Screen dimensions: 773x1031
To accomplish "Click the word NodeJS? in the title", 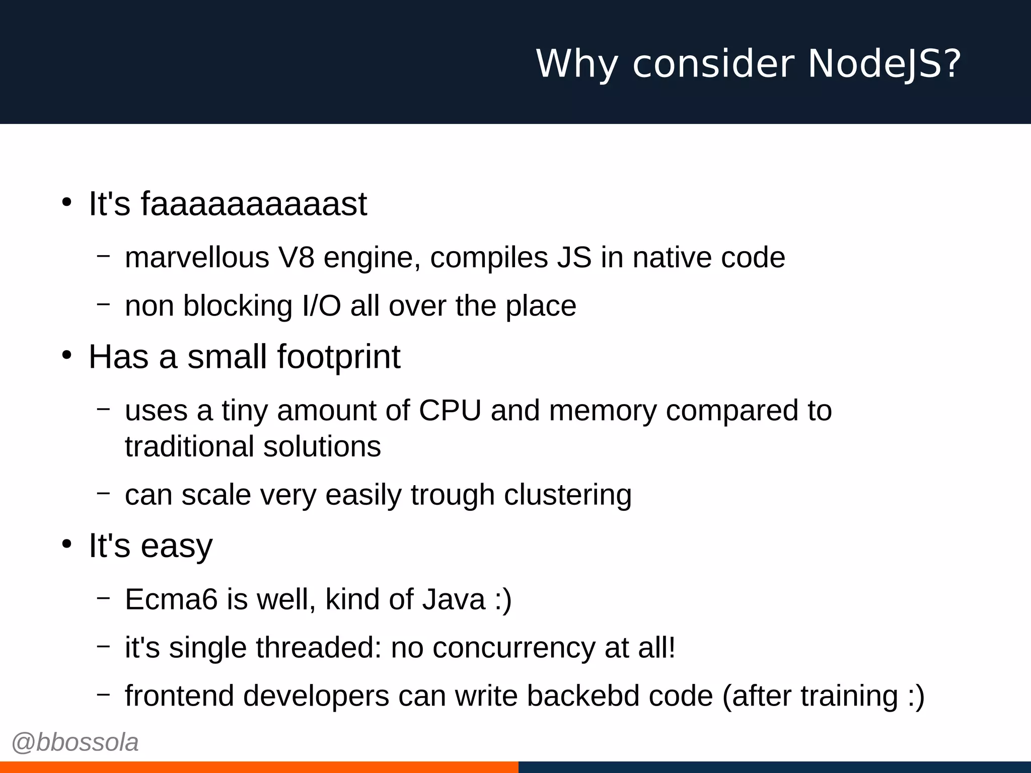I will tap(885, 64).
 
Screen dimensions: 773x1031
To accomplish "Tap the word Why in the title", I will tap(577, 64).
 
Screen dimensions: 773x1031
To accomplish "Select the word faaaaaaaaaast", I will tap(254, 204).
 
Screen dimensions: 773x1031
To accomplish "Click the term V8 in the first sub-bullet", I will tap(296, 257).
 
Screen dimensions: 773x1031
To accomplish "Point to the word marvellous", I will tap(197, 257).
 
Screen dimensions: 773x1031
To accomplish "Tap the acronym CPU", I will tap(450, 410).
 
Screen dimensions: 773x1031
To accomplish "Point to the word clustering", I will tap(567, 495).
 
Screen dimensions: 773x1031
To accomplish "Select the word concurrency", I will tap(513, 647).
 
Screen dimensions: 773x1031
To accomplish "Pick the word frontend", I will tap(179, 695).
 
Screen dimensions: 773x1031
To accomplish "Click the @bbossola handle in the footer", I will tap(75, 742).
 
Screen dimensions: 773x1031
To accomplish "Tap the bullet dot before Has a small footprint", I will tap(67, 355).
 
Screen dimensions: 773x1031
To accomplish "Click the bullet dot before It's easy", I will tap(67, 544).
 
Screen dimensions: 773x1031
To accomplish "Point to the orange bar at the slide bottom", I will tap(259, 767).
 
